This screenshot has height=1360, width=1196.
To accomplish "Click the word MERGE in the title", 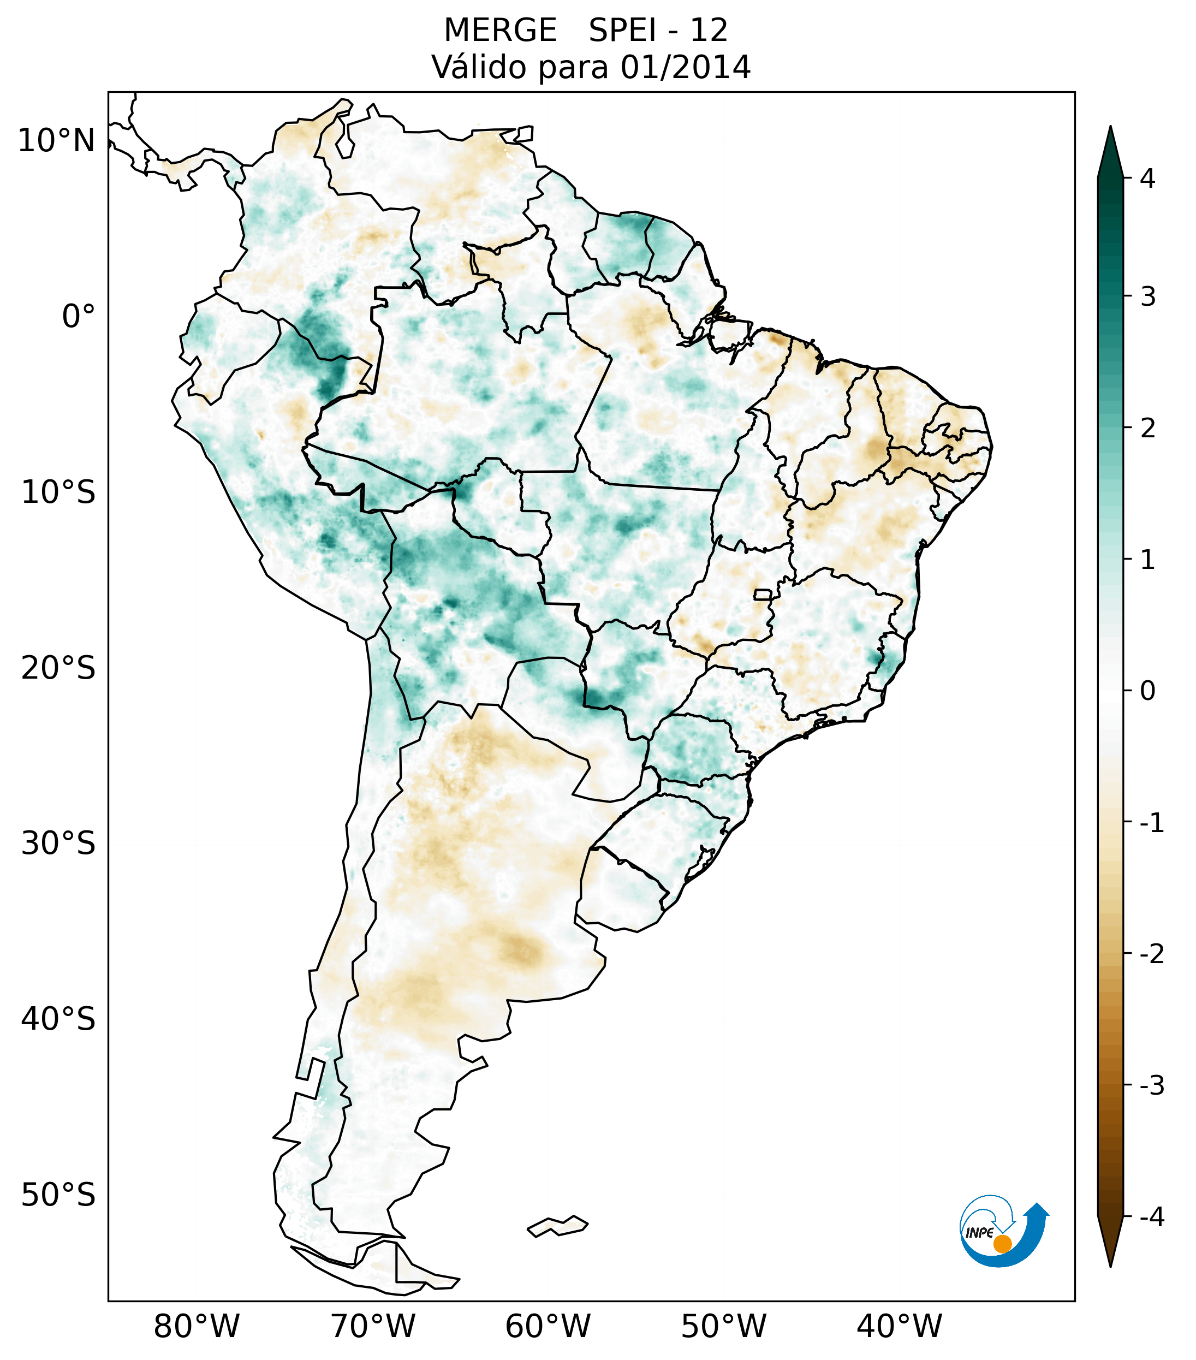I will point(499,31).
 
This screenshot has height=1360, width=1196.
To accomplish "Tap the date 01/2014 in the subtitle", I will point(685,67).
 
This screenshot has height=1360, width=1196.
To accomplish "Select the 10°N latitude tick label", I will point(57,141).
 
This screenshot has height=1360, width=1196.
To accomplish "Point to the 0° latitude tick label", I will point(79,317).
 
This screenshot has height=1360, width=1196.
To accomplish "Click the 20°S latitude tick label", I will point(58,668).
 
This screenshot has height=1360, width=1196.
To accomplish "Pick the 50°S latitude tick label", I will point(58,1195).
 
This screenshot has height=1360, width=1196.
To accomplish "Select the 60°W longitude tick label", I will point(548,1326).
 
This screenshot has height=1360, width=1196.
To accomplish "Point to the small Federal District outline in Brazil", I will point(762,594).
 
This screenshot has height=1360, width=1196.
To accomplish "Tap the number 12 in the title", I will point(709,31).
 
